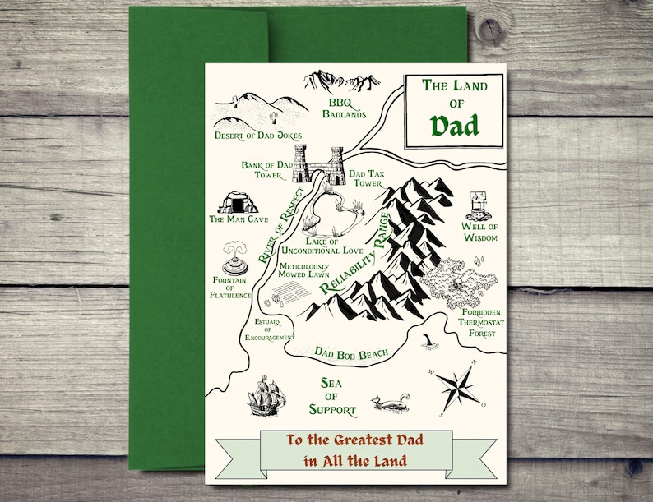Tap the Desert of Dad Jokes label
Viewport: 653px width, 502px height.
point(257,135)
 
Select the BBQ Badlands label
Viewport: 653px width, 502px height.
point(343,108)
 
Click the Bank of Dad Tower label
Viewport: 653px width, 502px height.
point(267,170)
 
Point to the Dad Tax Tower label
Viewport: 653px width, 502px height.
point(366,178)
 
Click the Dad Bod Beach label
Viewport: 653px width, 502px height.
point(351,353)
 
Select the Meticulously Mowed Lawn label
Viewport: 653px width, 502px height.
point(303,271)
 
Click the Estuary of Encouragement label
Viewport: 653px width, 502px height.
point(269,329)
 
